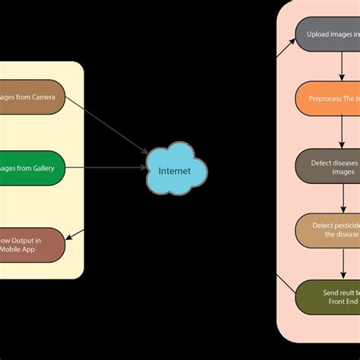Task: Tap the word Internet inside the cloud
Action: pos(175,171)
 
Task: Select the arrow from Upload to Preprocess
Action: pos(338,67)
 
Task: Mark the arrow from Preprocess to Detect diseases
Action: pos(338,132)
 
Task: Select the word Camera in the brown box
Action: pos(48,97)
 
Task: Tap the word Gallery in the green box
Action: pos(49,167)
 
